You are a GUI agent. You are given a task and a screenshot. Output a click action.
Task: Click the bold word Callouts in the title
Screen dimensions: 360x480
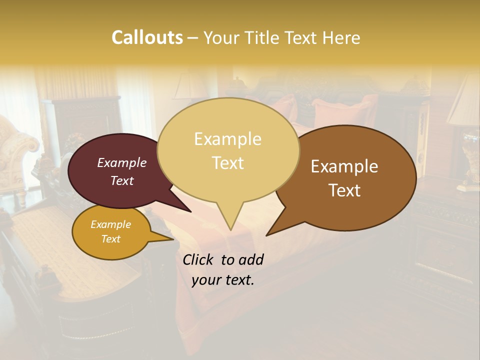coord(147,37)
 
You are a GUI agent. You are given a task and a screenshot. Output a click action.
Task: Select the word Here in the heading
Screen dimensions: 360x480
coord(342,37)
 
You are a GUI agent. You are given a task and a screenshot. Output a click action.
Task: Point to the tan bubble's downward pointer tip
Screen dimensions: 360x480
coord(230,229)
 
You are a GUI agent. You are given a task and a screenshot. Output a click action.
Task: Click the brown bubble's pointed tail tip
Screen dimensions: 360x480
coord(266,235)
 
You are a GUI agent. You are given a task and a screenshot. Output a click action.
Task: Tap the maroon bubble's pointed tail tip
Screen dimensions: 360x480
coord(191,212)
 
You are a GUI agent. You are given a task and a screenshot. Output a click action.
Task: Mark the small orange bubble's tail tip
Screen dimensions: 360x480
coord(173,239)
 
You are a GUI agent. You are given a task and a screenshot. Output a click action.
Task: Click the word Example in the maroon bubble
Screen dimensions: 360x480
coord(122,162)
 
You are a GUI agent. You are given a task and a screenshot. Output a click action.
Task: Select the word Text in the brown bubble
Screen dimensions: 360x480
coord(345,190)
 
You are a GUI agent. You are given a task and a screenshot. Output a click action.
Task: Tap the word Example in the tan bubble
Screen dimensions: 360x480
coord(227,139)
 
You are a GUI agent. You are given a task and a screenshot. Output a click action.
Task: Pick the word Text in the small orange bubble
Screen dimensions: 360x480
coord(111,239)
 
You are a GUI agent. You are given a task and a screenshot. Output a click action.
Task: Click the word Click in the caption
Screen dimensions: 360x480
coord(199,259)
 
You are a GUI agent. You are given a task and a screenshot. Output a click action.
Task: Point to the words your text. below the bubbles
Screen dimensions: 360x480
coord(223,280)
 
